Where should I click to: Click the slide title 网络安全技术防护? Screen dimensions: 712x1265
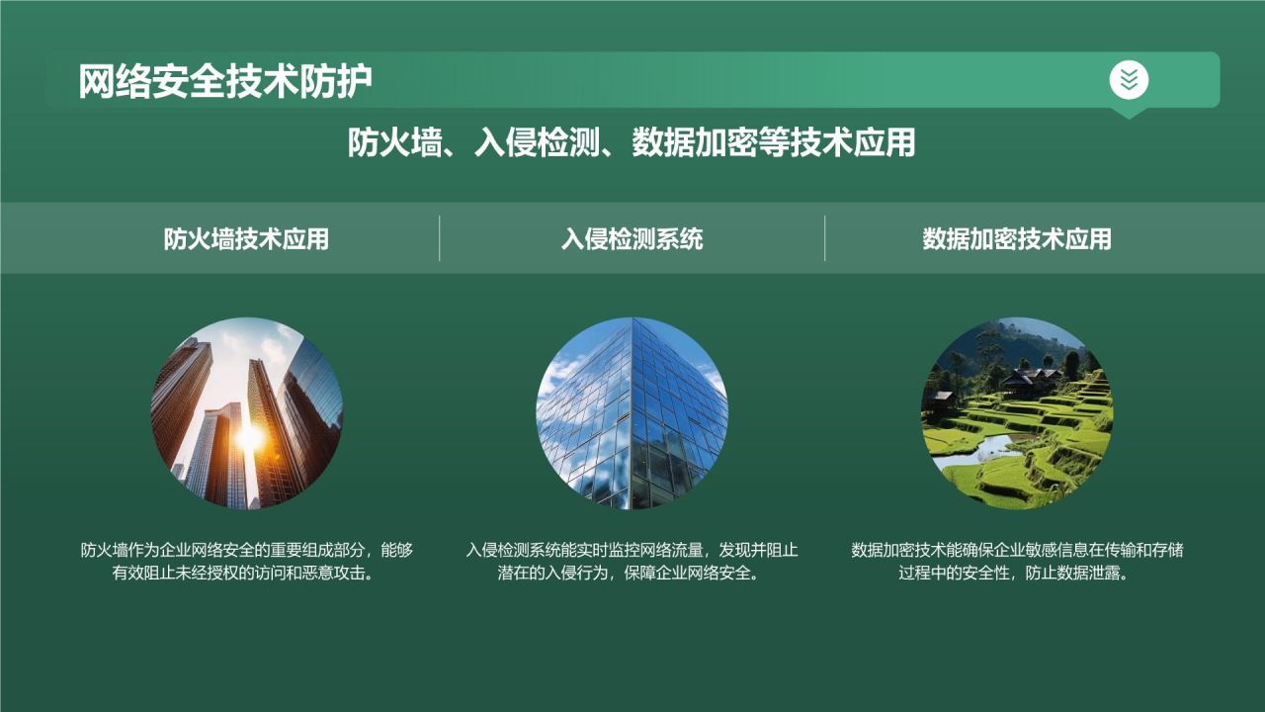coord(225,82)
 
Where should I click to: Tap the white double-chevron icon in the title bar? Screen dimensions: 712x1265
coord(1129,79)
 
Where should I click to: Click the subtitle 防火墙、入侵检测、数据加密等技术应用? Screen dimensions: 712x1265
coord(632,143)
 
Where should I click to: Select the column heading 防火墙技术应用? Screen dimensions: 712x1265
coord(246,239)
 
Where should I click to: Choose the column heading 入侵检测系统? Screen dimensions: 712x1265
coord(632,239)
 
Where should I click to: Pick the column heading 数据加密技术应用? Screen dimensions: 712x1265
coord(1017,239)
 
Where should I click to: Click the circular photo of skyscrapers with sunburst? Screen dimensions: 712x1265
coord(247,412)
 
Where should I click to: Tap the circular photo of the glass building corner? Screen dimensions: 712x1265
coord(632,412)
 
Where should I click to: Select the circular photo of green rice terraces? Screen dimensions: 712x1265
coord(1017,412)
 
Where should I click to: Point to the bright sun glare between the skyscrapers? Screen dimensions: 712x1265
coord(251,436)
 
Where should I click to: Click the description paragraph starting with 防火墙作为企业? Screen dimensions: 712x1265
coord(247,562)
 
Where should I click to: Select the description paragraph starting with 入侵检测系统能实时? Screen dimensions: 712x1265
coord(632,562)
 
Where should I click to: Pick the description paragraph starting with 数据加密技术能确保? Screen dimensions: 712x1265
coord(1017,562)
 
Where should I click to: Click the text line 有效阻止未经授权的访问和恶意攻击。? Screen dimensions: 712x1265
coord(247,575)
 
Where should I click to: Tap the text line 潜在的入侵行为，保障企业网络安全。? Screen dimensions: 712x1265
coord(632,575)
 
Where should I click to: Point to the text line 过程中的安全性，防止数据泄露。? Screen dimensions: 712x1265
coord(1017,575)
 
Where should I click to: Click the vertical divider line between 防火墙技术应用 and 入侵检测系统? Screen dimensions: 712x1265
coord(440,238)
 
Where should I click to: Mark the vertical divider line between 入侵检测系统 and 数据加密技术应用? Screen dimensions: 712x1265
coord(825,238)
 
